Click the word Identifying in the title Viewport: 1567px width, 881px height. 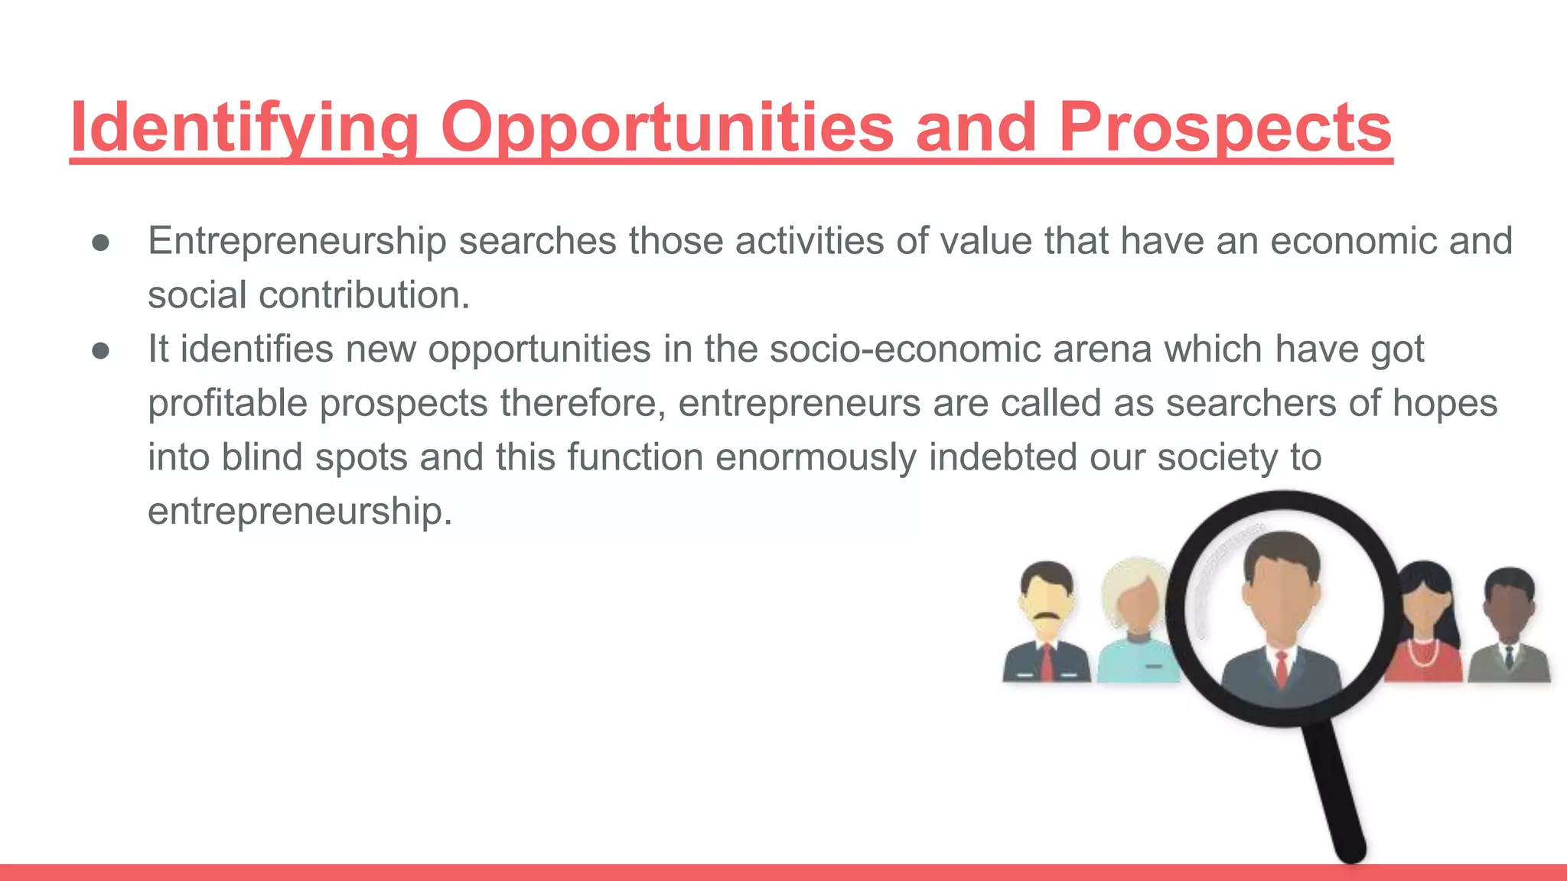243,128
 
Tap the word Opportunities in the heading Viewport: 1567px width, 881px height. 666,128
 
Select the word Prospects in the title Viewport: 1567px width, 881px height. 1225,128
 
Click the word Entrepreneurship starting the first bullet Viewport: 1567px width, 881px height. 297,242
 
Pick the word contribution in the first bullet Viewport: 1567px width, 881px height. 364,295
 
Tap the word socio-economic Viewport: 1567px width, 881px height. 905,349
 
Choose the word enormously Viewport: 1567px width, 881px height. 816,457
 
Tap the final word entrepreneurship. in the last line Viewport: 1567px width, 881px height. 300,511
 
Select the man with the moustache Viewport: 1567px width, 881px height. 1046,623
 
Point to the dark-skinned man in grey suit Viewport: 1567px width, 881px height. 1509,627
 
